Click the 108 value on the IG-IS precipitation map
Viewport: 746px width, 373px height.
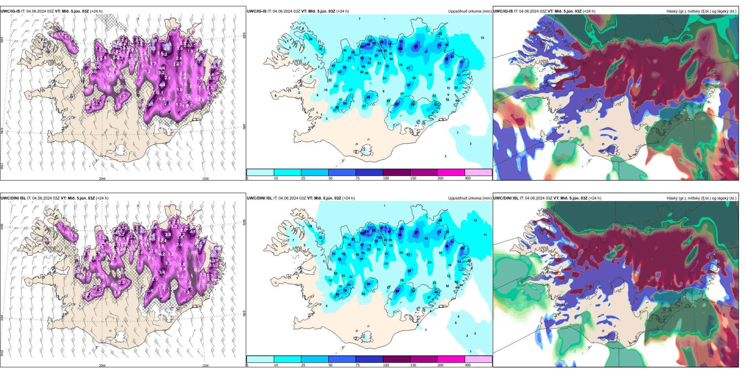pyautogui.click(x=400, y=49)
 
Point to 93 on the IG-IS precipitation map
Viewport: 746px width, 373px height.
pyautogui.click(x=416, y=47)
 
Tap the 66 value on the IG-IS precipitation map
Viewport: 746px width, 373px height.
pyautogui.click(x=368, y=97)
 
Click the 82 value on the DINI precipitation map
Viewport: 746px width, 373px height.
pyautogui.click(x=340, y=260)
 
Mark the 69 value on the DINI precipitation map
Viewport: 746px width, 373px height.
pyautogui.click(x=368, y=284)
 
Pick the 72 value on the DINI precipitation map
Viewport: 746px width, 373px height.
pyautogui.click(x=345, y=291)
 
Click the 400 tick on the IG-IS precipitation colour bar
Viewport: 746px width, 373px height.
pyautogui.click(x=467, y=178)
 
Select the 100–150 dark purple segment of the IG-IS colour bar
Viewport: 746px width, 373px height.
pyautogui.click(x=397, y=172)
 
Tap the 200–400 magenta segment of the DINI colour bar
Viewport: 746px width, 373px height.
pyautogui.click(x=451, y=359)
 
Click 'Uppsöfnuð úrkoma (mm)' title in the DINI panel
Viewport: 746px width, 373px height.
pyautogui.click(x=470, y=198)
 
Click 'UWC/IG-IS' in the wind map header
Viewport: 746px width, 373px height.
pyautogui.click(x=10, y=11)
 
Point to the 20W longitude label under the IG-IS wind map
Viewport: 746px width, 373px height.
pyautogui.click(x=102, y=179)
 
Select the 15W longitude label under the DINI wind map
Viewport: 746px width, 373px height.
pyautogui.click(x=205, y=366)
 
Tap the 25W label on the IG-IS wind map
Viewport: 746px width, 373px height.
pyautogui.click(x=2, y=166)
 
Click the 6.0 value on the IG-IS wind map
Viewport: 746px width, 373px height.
pyautogui.click(x=200, y=59)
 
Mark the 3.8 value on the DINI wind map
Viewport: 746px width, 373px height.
pyautogui.click(x=168, y=234)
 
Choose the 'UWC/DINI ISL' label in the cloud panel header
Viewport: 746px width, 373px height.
pyautogui.click(x=506, y=198)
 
